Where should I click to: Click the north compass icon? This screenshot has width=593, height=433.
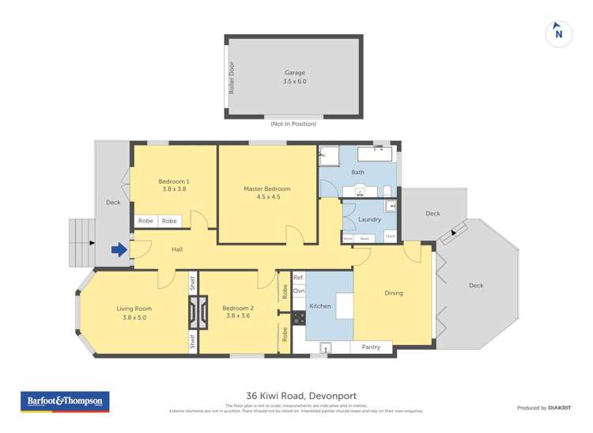[x=558, y=33]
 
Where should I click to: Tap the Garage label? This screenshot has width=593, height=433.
[x=294, y=73]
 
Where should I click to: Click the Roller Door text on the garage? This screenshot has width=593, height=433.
[x=232, y=78]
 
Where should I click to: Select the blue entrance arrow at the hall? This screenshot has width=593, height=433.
[x=119, y=250]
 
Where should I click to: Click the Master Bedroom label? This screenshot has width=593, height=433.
[x=266, y=189]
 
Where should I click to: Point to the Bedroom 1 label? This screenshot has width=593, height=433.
[x=174, y=181]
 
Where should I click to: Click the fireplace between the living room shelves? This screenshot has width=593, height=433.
[x=193, y=312]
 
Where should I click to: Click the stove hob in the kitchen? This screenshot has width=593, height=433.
[x=299, y=318]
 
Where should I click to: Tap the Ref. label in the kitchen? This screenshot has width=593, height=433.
[x=298, y=278]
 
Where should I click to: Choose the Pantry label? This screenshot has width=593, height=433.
[x=371, y=347]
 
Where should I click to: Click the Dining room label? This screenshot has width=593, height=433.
[x=393, y=293]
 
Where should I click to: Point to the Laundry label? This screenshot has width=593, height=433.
[x=369, y=219]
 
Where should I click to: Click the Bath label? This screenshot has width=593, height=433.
[x=357, y=172]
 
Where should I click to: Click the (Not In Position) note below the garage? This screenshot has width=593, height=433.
[x=294, y=124]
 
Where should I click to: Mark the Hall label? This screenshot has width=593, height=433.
[x=177, y=249]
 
